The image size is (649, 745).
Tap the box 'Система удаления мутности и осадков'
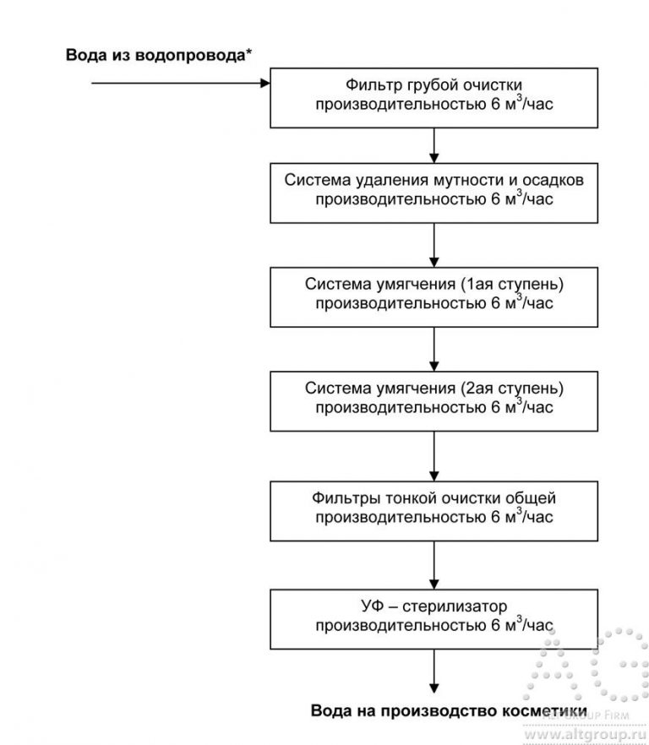434,192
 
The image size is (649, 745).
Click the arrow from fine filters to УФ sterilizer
434,564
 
